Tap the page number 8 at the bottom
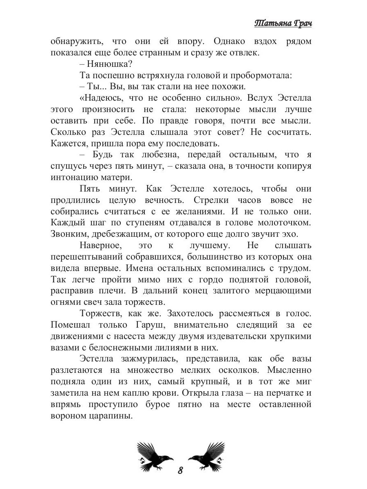(x=180, y=470)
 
